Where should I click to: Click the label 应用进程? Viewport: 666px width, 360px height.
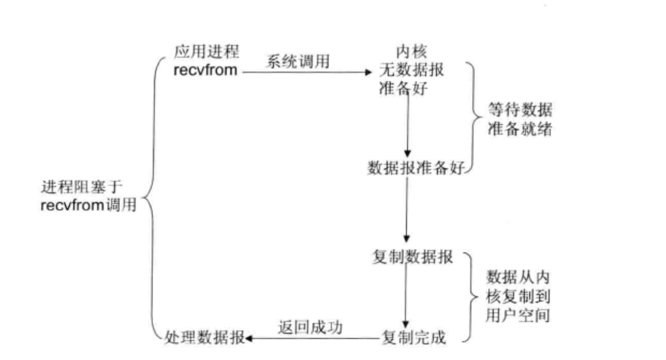coord(206,52)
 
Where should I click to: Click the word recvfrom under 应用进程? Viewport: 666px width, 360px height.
coord(206,70)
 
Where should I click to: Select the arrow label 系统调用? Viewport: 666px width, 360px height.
coord(298,61)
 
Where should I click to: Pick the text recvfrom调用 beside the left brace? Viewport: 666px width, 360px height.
coord(88,205)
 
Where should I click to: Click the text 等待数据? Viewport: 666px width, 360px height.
coord(519,111)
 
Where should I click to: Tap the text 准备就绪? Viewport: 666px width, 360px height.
coord(519,130)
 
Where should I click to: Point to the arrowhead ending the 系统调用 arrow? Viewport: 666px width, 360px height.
coord(369,71)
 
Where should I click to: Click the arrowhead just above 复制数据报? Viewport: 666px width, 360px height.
coord(407,238)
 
